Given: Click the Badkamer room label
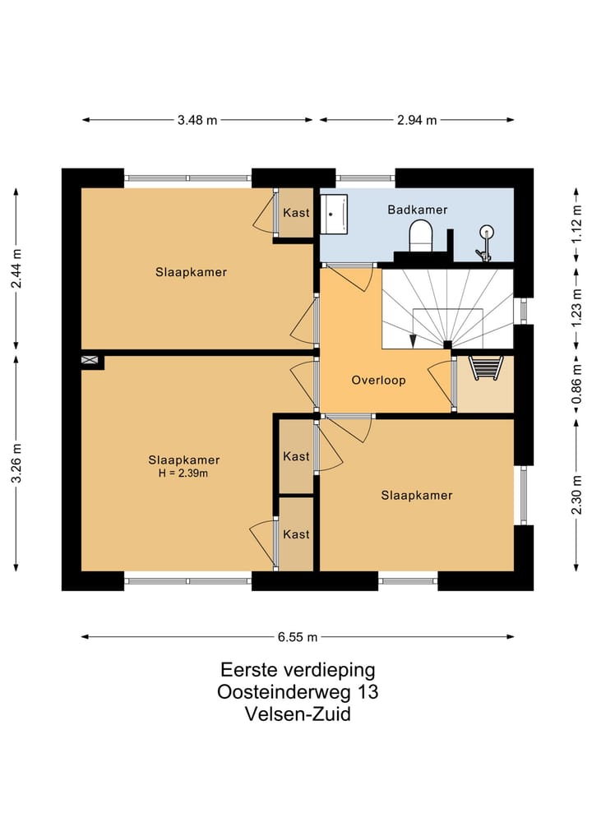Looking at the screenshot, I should pyautogui.click(x=417, y=210).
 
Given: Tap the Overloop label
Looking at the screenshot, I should pyautogui.click(x=378, y=381).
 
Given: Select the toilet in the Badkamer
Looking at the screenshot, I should pyautogui.click(x=421, y=235).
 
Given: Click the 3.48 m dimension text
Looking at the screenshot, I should pyautogui.click(x=197, y=120).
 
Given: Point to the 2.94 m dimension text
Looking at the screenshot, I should pyautogui.click(x=417, y=120).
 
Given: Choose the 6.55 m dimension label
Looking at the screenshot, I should pyautogui.click(x=298, y=636).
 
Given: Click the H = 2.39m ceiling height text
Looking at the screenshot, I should pyautogui.click(x=183, y=473).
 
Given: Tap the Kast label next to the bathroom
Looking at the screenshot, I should pyautogui.click(x=296, y=212).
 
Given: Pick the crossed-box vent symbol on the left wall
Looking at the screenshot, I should pyautogui.click(x=90, y=361).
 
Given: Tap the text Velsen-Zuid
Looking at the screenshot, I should pyautogui.click(x=298, y=714).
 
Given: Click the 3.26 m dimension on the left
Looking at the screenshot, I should pyautogui.click(x=16, y=464).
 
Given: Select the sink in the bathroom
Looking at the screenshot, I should pyautogui.click(x=334, y=212).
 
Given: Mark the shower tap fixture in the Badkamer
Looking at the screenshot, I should pyautogui.click(x=486, y=243).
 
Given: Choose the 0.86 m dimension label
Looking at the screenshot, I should pyautogui.click(x=577, y=386).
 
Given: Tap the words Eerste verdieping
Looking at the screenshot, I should pyautogui.click(x=298, y=669).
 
